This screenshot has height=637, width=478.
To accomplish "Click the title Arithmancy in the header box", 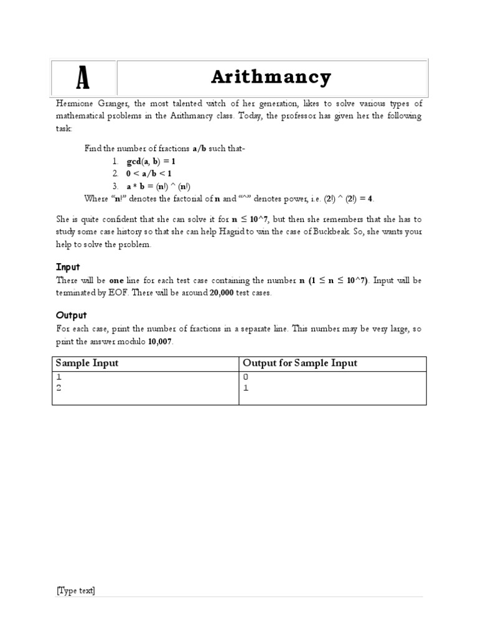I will click(x=271, y=78).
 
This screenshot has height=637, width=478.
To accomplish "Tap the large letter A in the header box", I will click(x=82, y=79).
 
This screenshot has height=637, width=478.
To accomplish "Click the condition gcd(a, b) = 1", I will click(x=151, y=161).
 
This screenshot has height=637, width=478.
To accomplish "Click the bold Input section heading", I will click(x=68, y=267).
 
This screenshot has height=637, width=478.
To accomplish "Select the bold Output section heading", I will click(x=72, y=315).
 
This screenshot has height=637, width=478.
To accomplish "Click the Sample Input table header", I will click(x=87, y=363).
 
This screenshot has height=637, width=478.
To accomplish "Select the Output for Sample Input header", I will click(x=300, y=363).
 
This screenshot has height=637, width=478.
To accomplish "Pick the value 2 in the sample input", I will click(x=59, y=388).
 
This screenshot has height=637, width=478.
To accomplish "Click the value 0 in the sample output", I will click(x=245, y=377).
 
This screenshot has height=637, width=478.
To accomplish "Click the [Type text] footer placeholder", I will click(x=75, y=591).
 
